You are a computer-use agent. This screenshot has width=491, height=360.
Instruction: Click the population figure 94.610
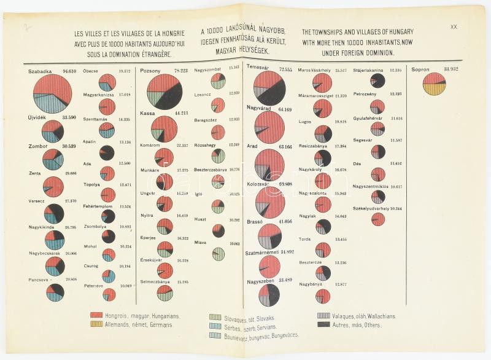(x=69, y=71)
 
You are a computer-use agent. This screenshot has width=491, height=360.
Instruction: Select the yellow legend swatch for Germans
(x=95, y=324)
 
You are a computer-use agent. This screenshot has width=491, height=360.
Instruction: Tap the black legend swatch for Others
(x=323, y=324)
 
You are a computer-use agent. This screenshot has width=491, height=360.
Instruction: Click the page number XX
(x=454, y=27)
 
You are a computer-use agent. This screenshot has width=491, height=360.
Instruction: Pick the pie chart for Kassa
(x=164, y=130)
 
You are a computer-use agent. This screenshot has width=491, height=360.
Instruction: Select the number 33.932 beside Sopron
(x=455, y=69)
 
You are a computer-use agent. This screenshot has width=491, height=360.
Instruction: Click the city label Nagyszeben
(x=259, y=281)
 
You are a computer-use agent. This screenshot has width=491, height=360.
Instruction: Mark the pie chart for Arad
(x=270, y=164)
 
